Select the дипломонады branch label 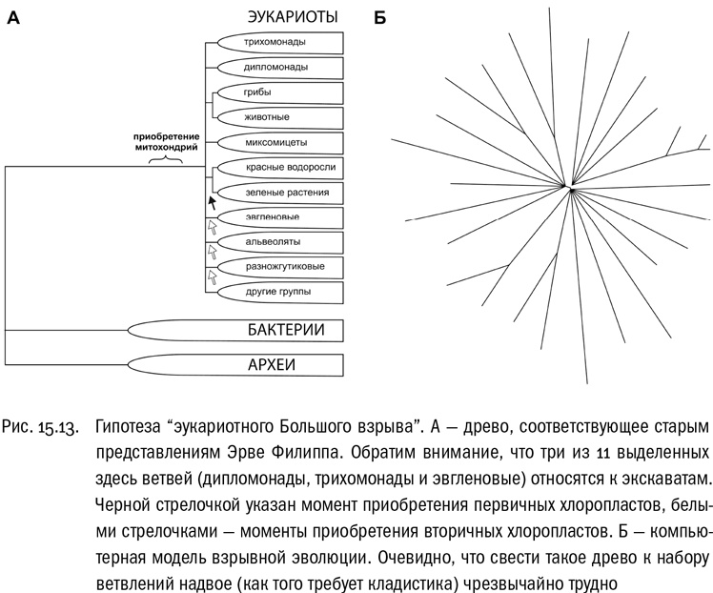coord(275,68)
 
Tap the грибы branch coord(257,92)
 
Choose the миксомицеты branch coord(276,142)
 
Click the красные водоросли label coord(290,167)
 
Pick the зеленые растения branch coord(287,192)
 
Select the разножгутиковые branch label coord(287,266)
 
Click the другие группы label coord(277,291)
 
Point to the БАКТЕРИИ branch coord(285,331)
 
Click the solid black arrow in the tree coord(213,203)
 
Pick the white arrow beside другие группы coord(212,277)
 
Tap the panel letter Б coord(379,18)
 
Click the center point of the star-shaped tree coord(571,189)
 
